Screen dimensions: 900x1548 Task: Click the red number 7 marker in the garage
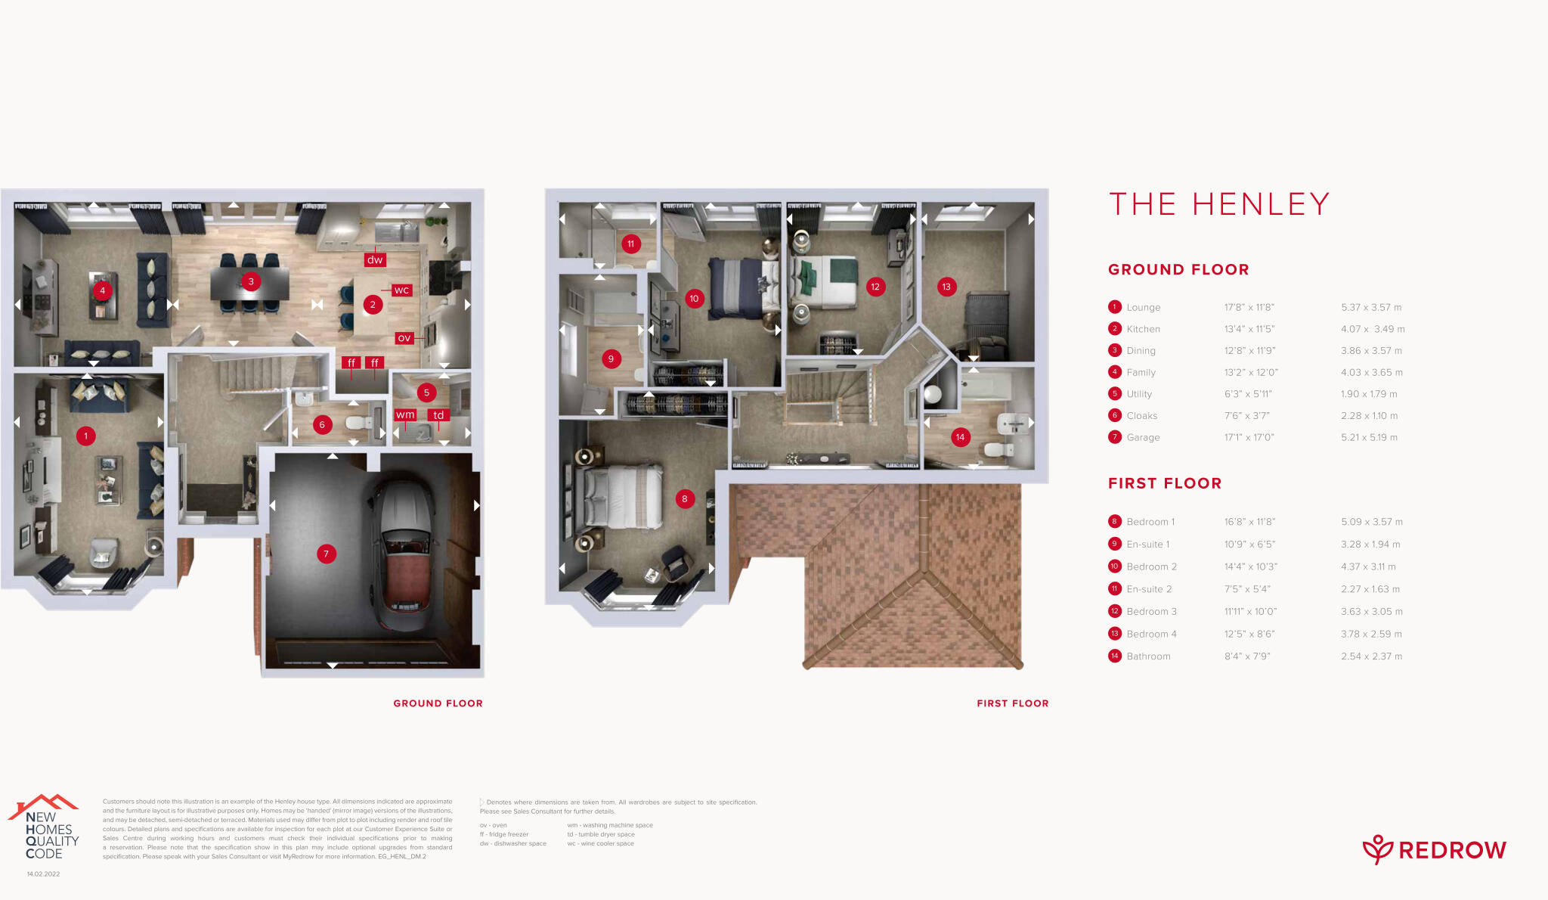(326, 554)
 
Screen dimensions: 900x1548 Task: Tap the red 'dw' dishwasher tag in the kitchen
(375, 259)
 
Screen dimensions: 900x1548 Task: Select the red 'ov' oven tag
(404, 338)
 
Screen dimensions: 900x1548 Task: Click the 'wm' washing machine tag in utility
(405, 414)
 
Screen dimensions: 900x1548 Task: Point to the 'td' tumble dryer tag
(438, 414)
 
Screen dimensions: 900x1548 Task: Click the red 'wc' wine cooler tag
(401, 290)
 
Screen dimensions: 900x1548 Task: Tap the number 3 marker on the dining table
(251, 282)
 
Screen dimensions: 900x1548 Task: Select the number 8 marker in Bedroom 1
(685, 498)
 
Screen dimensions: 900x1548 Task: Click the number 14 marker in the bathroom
(960, 437)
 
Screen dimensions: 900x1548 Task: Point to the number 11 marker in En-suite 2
(630, 244)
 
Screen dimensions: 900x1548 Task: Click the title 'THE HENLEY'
(1218, 204)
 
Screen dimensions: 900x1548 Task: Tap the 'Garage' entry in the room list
(1143, 437)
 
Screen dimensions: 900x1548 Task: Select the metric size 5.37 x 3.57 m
(1371, 307)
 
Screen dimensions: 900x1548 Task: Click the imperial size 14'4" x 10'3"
(1250, 566)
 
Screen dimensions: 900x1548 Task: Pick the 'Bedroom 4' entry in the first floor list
(1151, 634)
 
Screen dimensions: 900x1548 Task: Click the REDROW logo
(1434, 850)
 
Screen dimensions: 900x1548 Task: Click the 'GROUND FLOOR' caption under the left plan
(438, 703)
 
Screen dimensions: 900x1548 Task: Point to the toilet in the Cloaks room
(354, 423)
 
